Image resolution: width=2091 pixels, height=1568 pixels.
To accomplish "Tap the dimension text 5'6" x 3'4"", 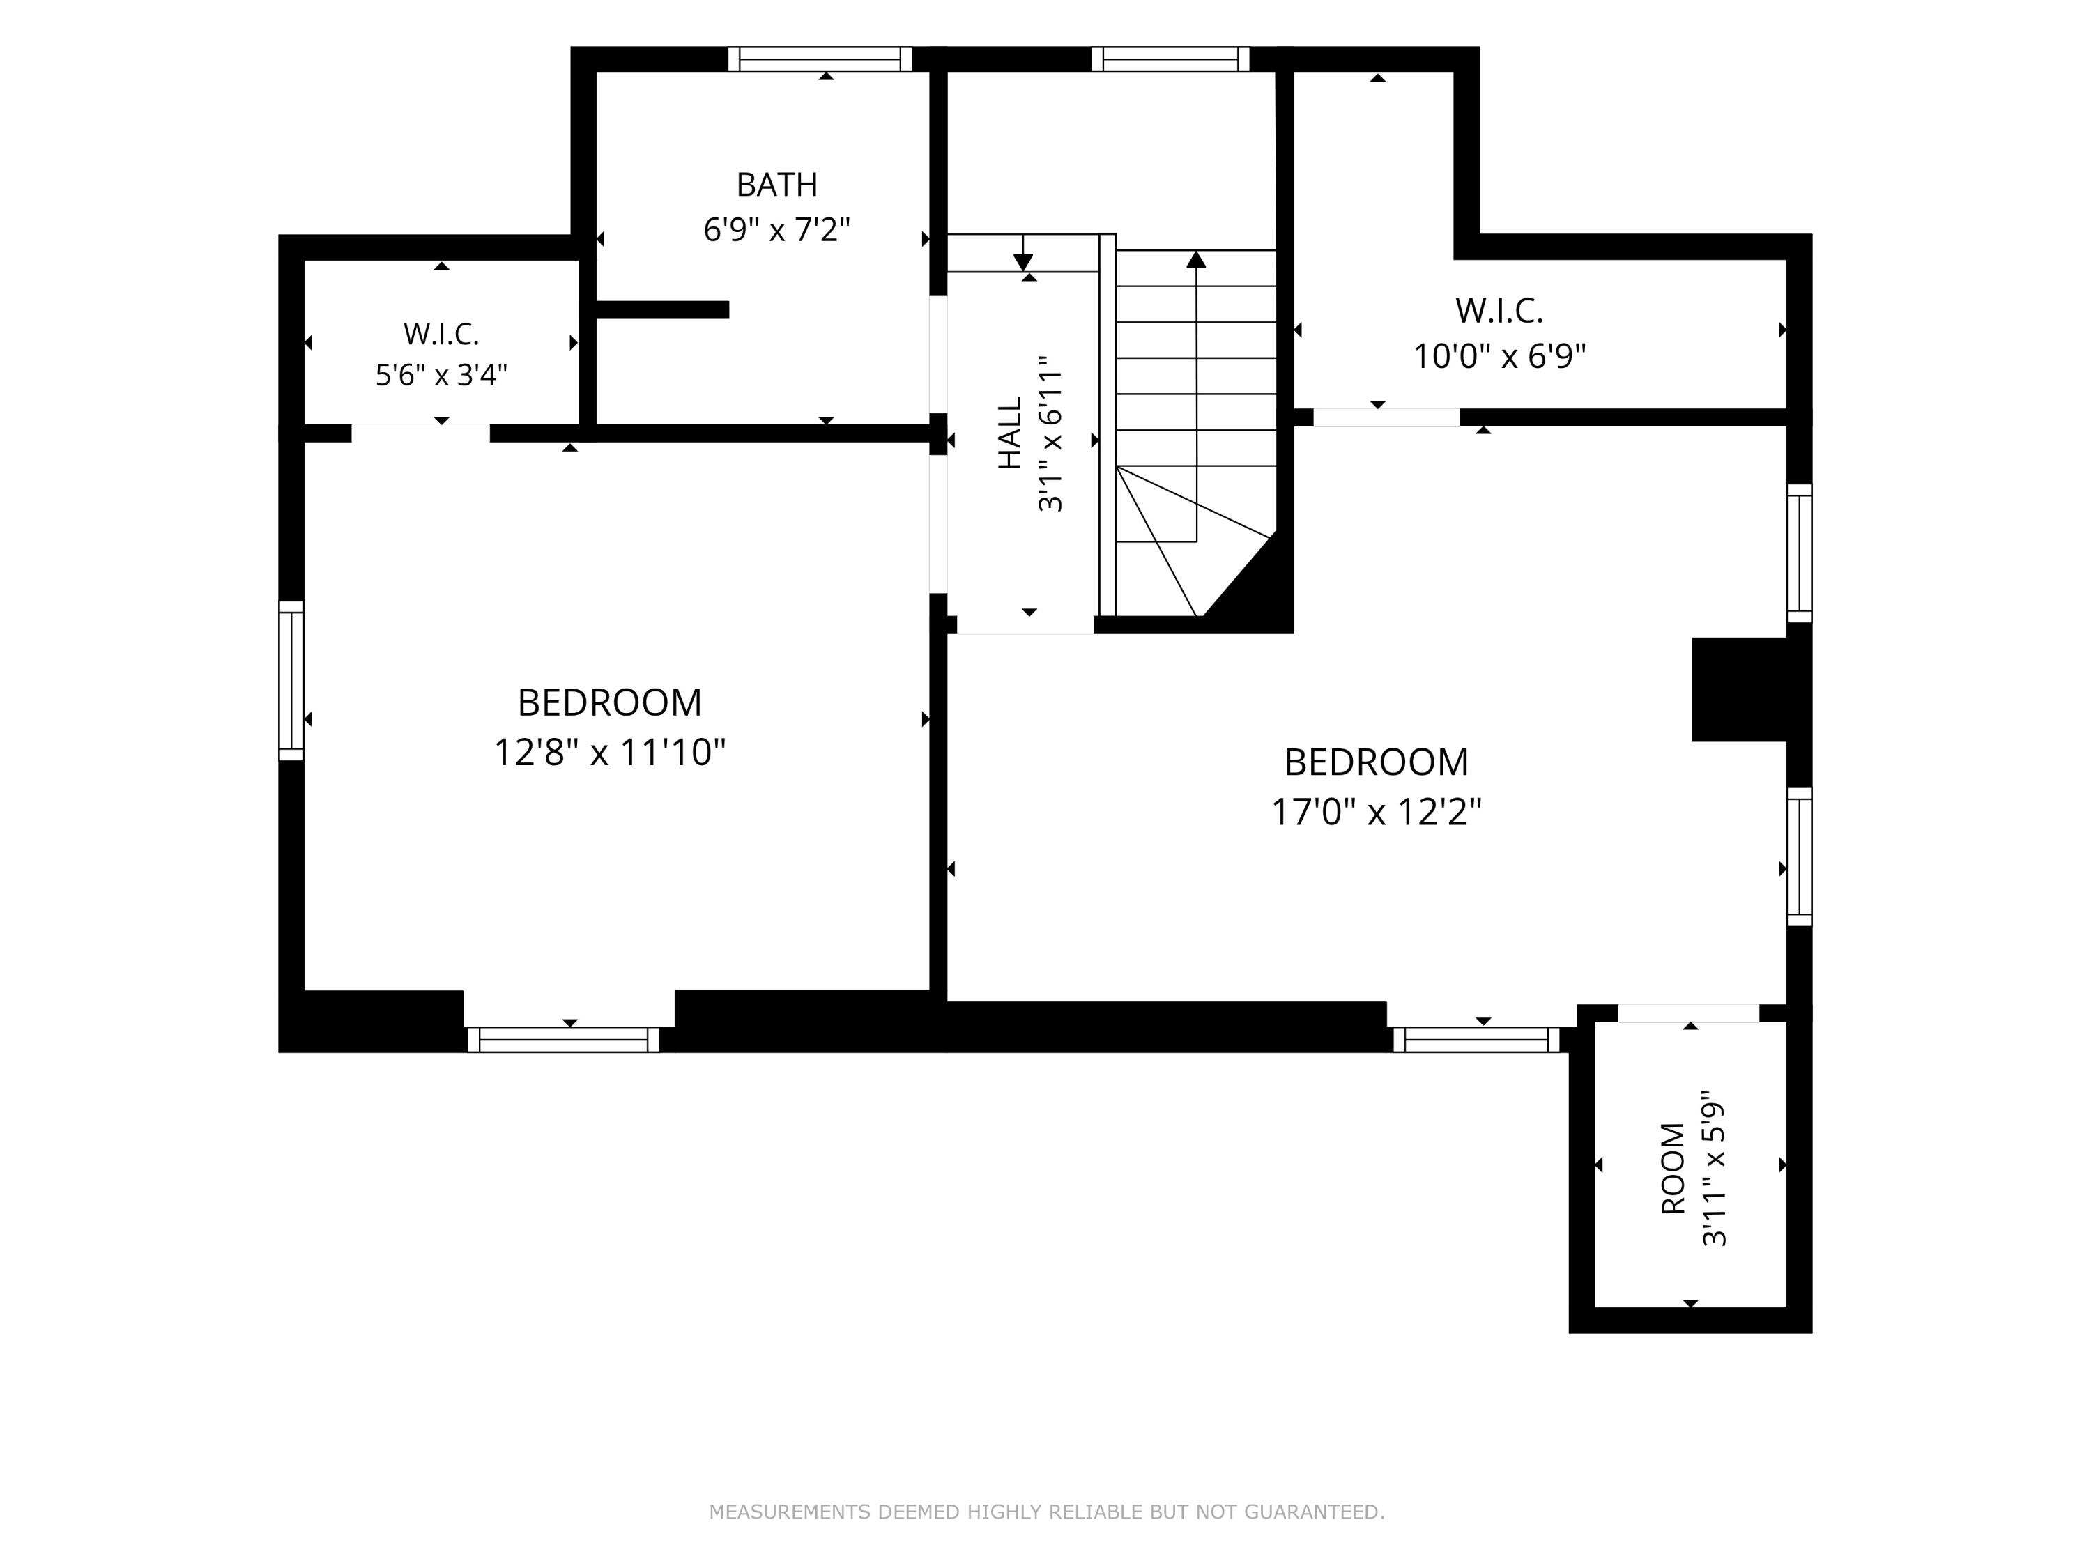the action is [x=441, y=375].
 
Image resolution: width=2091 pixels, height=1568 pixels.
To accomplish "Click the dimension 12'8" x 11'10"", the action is [x=610, y=753].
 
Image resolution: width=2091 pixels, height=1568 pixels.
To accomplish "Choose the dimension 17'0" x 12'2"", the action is [x=1377, y=812].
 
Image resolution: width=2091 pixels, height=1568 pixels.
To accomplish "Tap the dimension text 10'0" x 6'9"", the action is [x=1499, y=356].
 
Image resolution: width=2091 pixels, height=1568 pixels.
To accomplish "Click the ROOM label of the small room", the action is [x=1673, y=1168].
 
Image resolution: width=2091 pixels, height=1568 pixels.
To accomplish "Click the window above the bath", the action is [x=820, y=59].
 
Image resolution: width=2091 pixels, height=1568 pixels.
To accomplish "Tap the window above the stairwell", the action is [x=1170, y=59].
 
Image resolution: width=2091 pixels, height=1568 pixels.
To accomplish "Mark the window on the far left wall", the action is [x=291, y=680].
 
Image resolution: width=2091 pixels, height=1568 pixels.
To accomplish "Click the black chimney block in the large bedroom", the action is [x=1739, y=690].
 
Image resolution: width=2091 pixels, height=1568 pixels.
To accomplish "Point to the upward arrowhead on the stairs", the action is [x=1197, y=259].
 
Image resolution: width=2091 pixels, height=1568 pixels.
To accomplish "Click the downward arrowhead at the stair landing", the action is [x=1022, y=263].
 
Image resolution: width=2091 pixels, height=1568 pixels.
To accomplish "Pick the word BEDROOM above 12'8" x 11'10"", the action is [x=610, y=702].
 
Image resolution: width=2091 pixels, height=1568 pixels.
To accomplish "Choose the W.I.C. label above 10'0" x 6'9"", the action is [x=1499, y=310].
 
